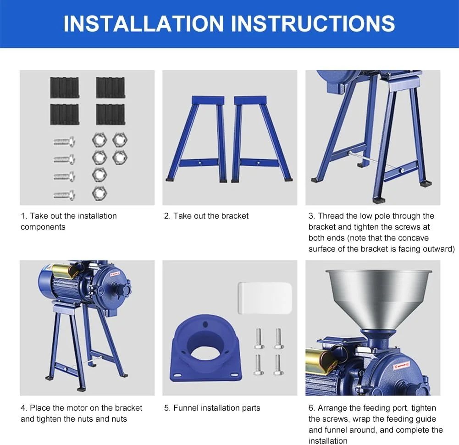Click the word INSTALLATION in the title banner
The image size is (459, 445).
click(x=144, y=23)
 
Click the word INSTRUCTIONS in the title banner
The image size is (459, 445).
click(x=313, y=23)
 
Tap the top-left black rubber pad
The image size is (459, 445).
click(x=64, y=88)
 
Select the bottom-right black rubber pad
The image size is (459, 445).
click(x=111, y=115)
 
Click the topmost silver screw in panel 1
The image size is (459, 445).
click(x=64, y=142)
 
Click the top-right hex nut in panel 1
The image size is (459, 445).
click(x=120, y=140)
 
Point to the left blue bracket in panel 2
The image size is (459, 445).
click(x=196, y=139)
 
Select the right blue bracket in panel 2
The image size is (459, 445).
click(x=262, y=139)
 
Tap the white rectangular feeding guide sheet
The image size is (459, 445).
click(x=265, y=298)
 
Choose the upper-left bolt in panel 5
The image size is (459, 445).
click(x=259, y=339)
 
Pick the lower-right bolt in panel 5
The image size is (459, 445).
click(x=278, y=365)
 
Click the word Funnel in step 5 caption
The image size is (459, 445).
click(x=184, y=408)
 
